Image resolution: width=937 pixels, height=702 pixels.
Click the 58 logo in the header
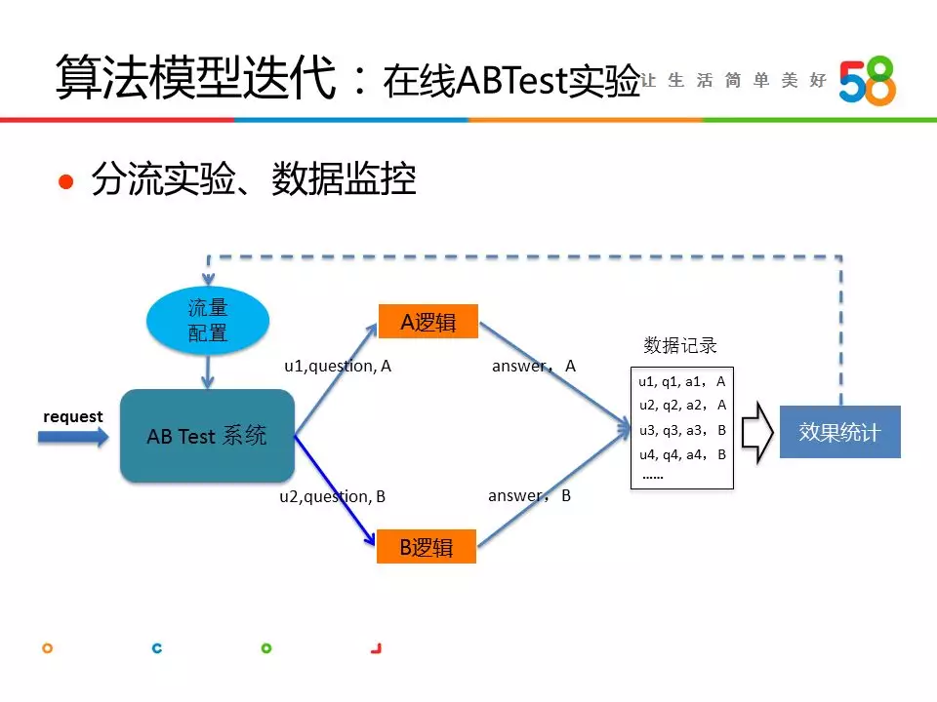(x=867, y=81)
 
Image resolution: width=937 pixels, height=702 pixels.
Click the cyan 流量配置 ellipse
(x=208, y=321)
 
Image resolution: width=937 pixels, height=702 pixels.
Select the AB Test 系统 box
(x=207, y=436)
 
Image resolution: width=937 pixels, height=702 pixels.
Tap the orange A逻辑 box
(x=428, y=321)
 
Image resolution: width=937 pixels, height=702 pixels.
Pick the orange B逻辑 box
(x=427, y=546)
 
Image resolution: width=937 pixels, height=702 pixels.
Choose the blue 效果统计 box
(x=840, y=432)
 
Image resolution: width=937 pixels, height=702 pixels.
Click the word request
(x=73, y=416)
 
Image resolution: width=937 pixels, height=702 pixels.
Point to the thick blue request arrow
(x=73, y=437)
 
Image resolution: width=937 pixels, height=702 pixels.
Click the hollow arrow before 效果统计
(x=757, y=432)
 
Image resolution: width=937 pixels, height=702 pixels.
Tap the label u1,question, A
(x=338, y=366)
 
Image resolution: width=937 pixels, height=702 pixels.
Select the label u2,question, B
(x=332, y=496)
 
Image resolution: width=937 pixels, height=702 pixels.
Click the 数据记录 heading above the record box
(x=680, y=345)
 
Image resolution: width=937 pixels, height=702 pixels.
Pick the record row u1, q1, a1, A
(x=682, y=381)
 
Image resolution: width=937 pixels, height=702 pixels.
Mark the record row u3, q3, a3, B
(x=682, y=430)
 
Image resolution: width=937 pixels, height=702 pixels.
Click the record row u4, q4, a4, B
(x=682, y=455)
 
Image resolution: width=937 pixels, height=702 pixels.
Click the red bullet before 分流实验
(x=65, y=181)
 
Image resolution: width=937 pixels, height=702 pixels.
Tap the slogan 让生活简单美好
(x=734, y=80)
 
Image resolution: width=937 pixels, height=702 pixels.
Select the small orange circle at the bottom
(x=47, y=648)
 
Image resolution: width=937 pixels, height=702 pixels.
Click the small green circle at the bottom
(x=266, y=648)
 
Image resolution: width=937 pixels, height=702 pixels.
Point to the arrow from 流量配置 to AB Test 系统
(x=208, y=371)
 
